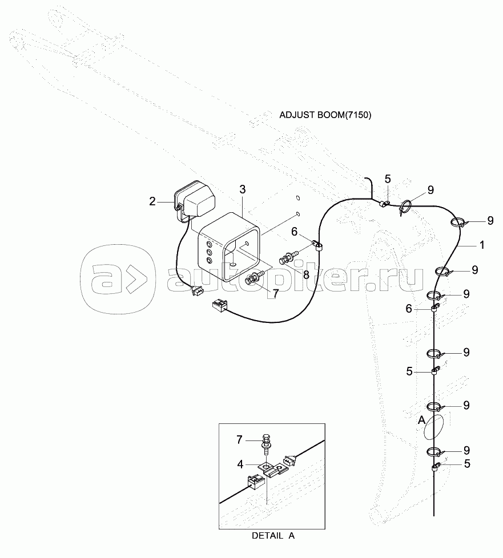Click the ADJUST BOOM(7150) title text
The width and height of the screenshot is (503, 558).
click(x=325, y=115)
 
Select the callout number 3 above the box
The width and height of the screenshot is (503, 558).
click(x=242, y=189)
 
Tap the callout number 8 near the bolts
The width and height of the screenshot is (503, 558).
click(x=306, y=275)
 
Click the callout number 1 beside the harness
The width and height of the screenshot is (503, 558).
click(x=482, y=245)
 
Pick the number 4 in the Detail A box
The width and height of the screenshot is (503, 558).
click(x=240, y=464)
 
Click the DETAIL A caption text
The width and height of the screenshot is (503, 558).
click(x=273, y=536)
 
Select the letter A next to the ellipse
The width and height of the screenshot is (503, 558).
click(x=421, y=420)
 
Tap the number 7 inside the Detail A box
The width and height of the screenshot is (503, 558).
click(x=239, y=440)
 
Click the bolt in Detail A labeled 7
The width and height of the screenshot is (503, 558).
click(x=265, y=444)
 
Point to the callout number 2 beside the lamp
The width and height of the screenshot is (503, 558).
click(x=152, y=202)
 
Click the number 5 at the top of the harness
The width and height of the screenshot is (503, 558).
click(x=388, y=179)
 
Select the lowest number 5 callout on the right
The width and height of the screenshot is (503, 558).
click(x=467, y=464)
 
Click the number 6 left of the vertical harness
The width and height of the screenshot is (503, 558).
click(x=409, y=309)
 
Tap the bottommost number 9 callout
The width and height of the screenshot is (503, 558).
click(x=466, y=451)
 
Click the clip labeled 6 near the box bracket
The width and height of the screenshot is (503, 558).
click(x=317, y=245)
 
